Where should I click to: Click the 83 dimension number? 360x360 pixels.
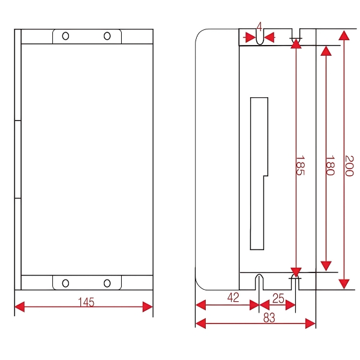click(x=269, y=319)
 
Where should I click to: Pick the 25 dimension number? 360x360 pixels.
click(x=278, y=298)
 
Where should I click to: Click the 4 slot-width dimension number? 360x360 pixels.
click(x=259, y=26)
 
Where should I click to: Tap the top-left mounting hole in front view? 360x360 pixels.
click(x=65, y=36)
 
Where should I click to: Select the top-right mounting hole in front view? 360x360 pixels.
click(x=107, y=36)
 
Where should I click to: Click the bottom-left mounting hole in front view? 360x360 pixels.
click(x=65, y=283)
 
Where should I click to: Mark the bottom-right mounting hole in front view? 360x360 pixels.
click(x=107, y=283)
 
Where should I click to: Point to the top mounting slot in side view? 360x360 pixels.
click(x=259, y=37)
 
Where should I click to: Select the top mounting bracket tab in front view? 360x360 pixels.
click(x=86, y=36)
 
